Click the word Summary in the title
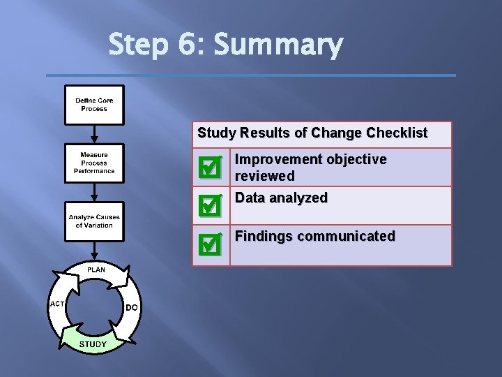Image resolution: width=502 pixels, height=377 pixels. click(278, 46)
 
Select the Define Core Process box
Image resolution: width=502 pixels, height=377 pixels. click(94, 105)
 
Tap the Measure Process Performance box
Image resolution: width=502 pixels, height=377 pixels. click(94, 163)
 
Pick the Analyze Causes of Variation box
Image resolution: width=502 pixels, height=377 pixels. click(94, 221)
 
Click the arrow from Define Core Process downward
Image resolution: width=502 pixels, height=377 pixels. click(94, 133)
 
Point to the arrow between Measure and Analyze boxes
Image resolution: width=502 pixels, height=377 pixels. click(94, 192)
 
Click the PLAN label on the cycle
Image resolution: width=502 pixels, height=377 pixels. click(96, 269)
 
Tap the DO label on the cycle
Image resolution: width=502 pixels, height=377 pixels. click(132, 307)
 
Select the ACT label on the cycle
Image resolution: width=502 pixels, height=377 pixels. click(57, 304)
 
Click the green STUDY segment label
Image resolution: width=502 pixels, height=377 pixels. click(93, 343)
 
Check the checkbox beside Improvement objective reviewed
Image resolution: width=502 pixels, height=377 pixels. click(209, 167)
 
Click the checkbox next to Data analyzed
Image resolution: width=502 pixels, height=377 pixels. click(209, 205)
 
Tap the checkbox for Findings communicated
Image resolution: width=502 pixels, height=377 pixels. click(209, 244)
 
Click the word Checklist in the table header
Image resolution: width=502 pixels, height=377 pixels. click(397, 133)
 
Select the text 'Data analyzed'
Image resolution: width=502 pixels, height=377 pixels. click(281, 198)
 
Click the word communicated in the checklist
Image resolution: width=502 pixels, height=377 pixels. click(346, 236)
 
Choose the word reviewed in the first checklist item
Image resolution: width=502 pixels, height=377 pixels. click(264, 175)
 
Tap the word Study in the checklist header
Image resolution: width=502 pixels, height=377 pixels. click(216, 133)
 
